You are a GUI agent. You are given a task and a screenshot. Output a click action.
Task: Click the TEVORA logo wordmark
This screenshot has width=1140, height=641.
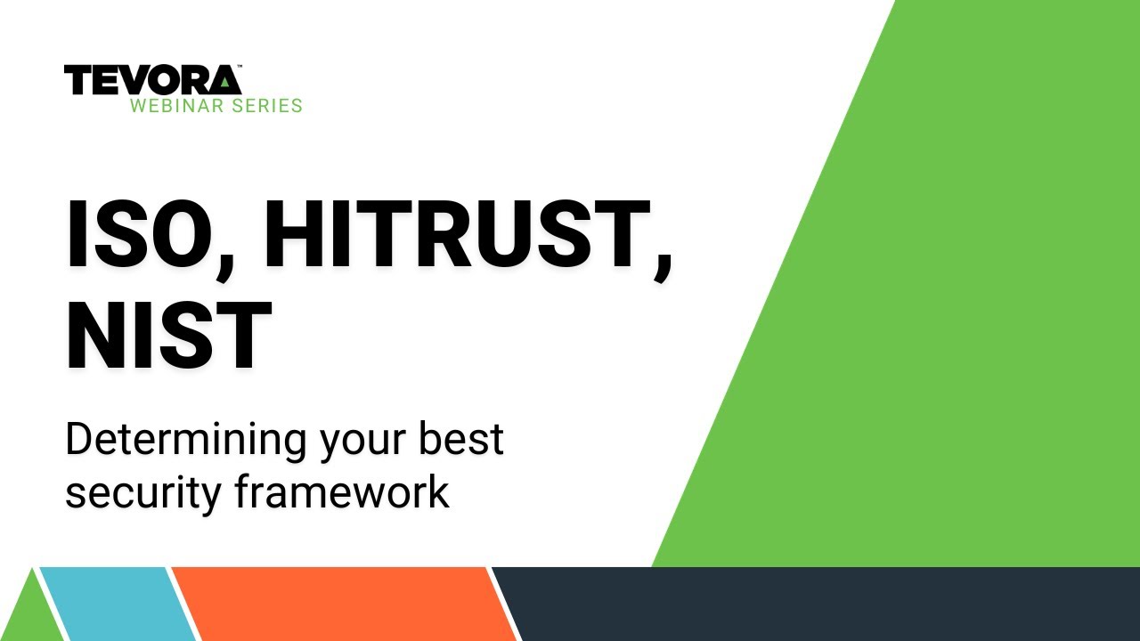tap(152, 80)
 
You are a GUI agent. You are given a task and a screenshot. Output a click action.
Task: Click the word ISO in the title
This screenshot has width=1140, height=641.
tap(142, 233)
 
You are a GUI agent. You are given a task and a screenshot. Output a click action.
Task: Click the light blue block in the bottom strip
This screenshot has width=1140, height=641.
tap(116, 604)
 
